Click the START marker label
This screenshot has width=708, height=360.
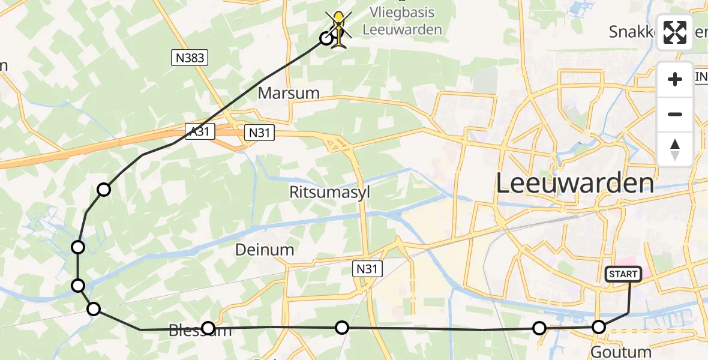coord(623,274)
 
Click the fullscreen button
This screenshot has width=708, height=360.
coord(675,32)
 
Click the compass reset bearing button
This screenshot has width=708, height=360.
coord(675,149)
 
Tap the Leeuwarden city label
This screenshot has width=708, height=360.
coord(574,184)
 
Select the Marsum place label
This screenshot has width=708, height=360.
coord(289,93)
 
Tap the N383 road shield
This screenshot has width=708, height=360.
coord(190,58)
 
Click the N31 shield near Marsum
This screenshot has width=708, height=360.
coord(260,133)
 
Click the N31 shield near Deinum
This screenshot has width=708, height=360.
coord(367,268)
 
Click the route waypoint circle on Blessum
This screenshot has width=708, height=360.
coord(208,328)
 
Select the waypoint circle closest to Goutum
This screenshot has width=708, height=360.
coord(598,327)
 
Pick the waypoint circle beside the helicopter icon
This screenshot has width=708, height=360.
coord(326,38)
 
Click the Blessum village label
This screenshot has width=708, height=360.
coord(198,331)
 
